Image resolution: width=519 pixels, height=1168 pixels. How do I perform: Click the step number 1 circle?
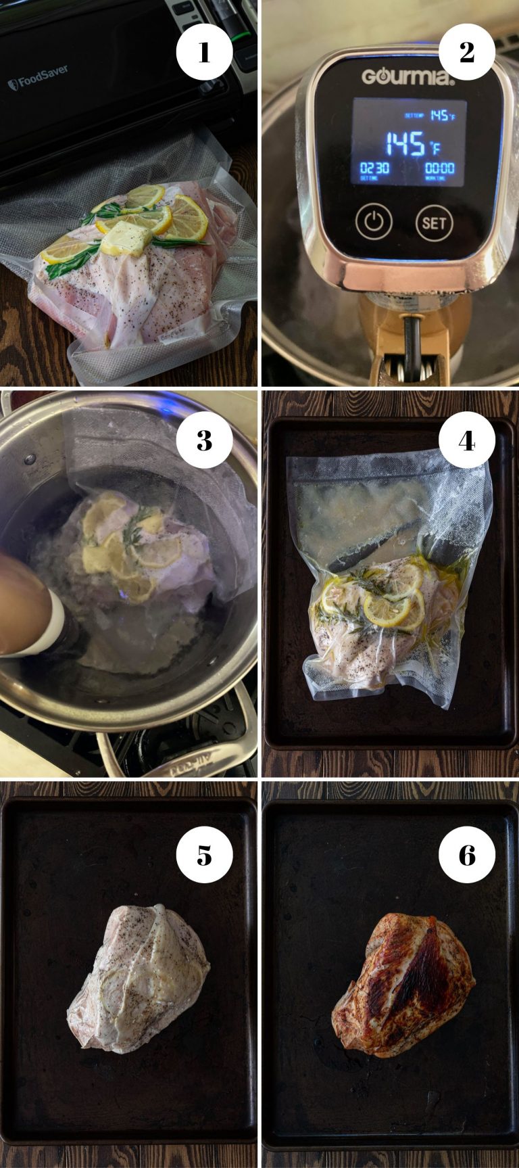pyautogui.click(x=204, y=51)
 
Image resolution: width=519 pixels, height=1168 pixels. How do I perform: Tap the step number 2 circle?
pyautogui.click(x=466, y=51)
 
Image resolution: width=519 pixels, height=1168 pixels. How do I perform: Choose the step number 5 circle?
pyautogui.click(x=204, y=855)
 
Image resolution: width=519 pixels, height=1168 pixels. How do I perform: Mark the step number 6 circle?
pyautogui.click(x=466, y=855)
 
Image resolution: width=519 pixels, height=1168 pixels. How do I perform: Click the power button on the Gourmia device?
pyautogui.click(x=374, y=221)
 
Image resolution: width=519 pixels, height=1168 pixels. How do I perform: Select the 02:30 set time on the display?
pyautogui.click(x=374, y=168)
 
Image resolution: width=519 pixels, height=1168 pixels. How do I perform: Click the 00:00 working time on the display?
pyautogui.click(x=439, y=168)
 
